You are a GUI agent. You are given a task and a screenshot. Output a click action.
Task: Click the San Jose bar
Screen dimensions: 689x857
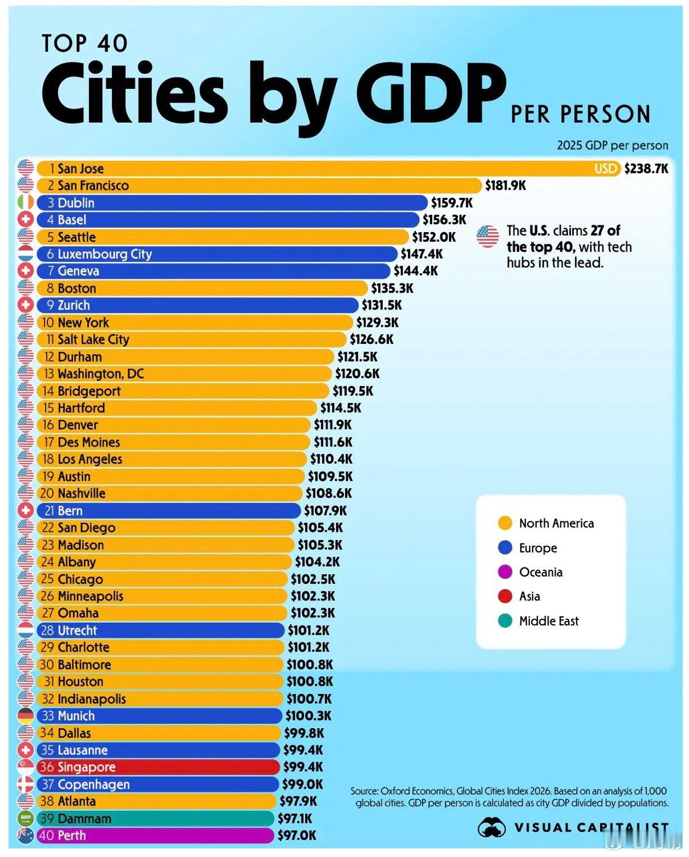click(329, 168)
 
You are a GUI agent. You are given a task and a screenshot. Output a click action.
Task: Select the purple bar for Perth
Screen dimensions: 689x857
click(155, 835)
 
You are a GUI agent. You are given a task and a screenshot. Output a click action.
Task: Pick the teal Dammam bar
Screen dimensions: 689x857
click(155, 818)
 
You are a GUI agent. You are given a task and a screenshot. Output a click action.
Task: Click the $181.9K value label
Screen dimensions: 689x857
click(505, 185)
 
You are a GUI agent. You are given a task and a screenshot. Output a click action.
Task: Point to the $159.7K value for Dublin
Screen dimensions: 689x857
click(452, 202)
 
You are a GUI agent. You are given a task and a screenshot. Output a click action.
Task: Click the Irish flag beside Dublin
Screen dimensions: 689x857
click(26, 202)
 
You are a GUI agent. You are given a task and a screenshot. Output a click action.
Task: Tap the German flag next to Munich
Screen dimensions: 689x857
click(26, 716)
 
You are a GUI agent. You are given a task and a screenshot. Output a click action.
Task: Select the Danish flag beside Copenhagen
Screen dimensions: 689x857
click(26, 784)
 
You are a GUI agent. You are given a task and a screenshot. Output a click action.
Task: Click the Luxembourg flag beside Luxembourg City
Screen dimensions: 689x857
click(26, 254)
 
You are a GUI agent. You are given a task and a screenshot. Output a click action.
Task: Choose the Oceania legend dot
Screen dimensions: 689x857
click(505, 572)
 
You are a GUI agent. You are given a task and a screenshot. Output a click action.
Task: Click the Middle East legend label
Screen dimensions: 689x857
click(549, 621)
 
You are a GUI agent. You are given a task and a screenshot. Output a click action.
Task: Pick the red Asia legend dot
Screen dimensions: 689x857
click(505, 596)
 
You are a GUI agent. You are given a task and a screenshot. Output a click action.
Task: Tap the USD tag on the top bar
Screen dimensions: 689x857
click(605, 169)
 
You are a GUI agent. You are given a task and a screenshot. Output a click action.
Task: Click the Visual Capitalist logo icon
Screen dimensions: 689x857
click(492, 827)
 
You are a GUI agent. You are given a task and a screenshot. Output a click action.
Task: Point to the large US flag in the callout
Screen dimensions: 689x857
click(488, 237)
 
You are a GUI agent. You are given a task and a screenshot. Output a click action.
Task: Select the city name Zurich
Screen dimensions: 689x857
click(74, 305)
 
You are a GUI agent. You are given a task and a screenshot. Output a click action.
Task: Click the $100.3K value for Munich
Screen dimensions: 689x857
click(308, 716)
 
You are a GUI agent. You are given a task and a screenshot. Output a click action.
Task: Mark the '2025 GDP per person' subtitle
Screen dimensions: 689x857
click(613, 145)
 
